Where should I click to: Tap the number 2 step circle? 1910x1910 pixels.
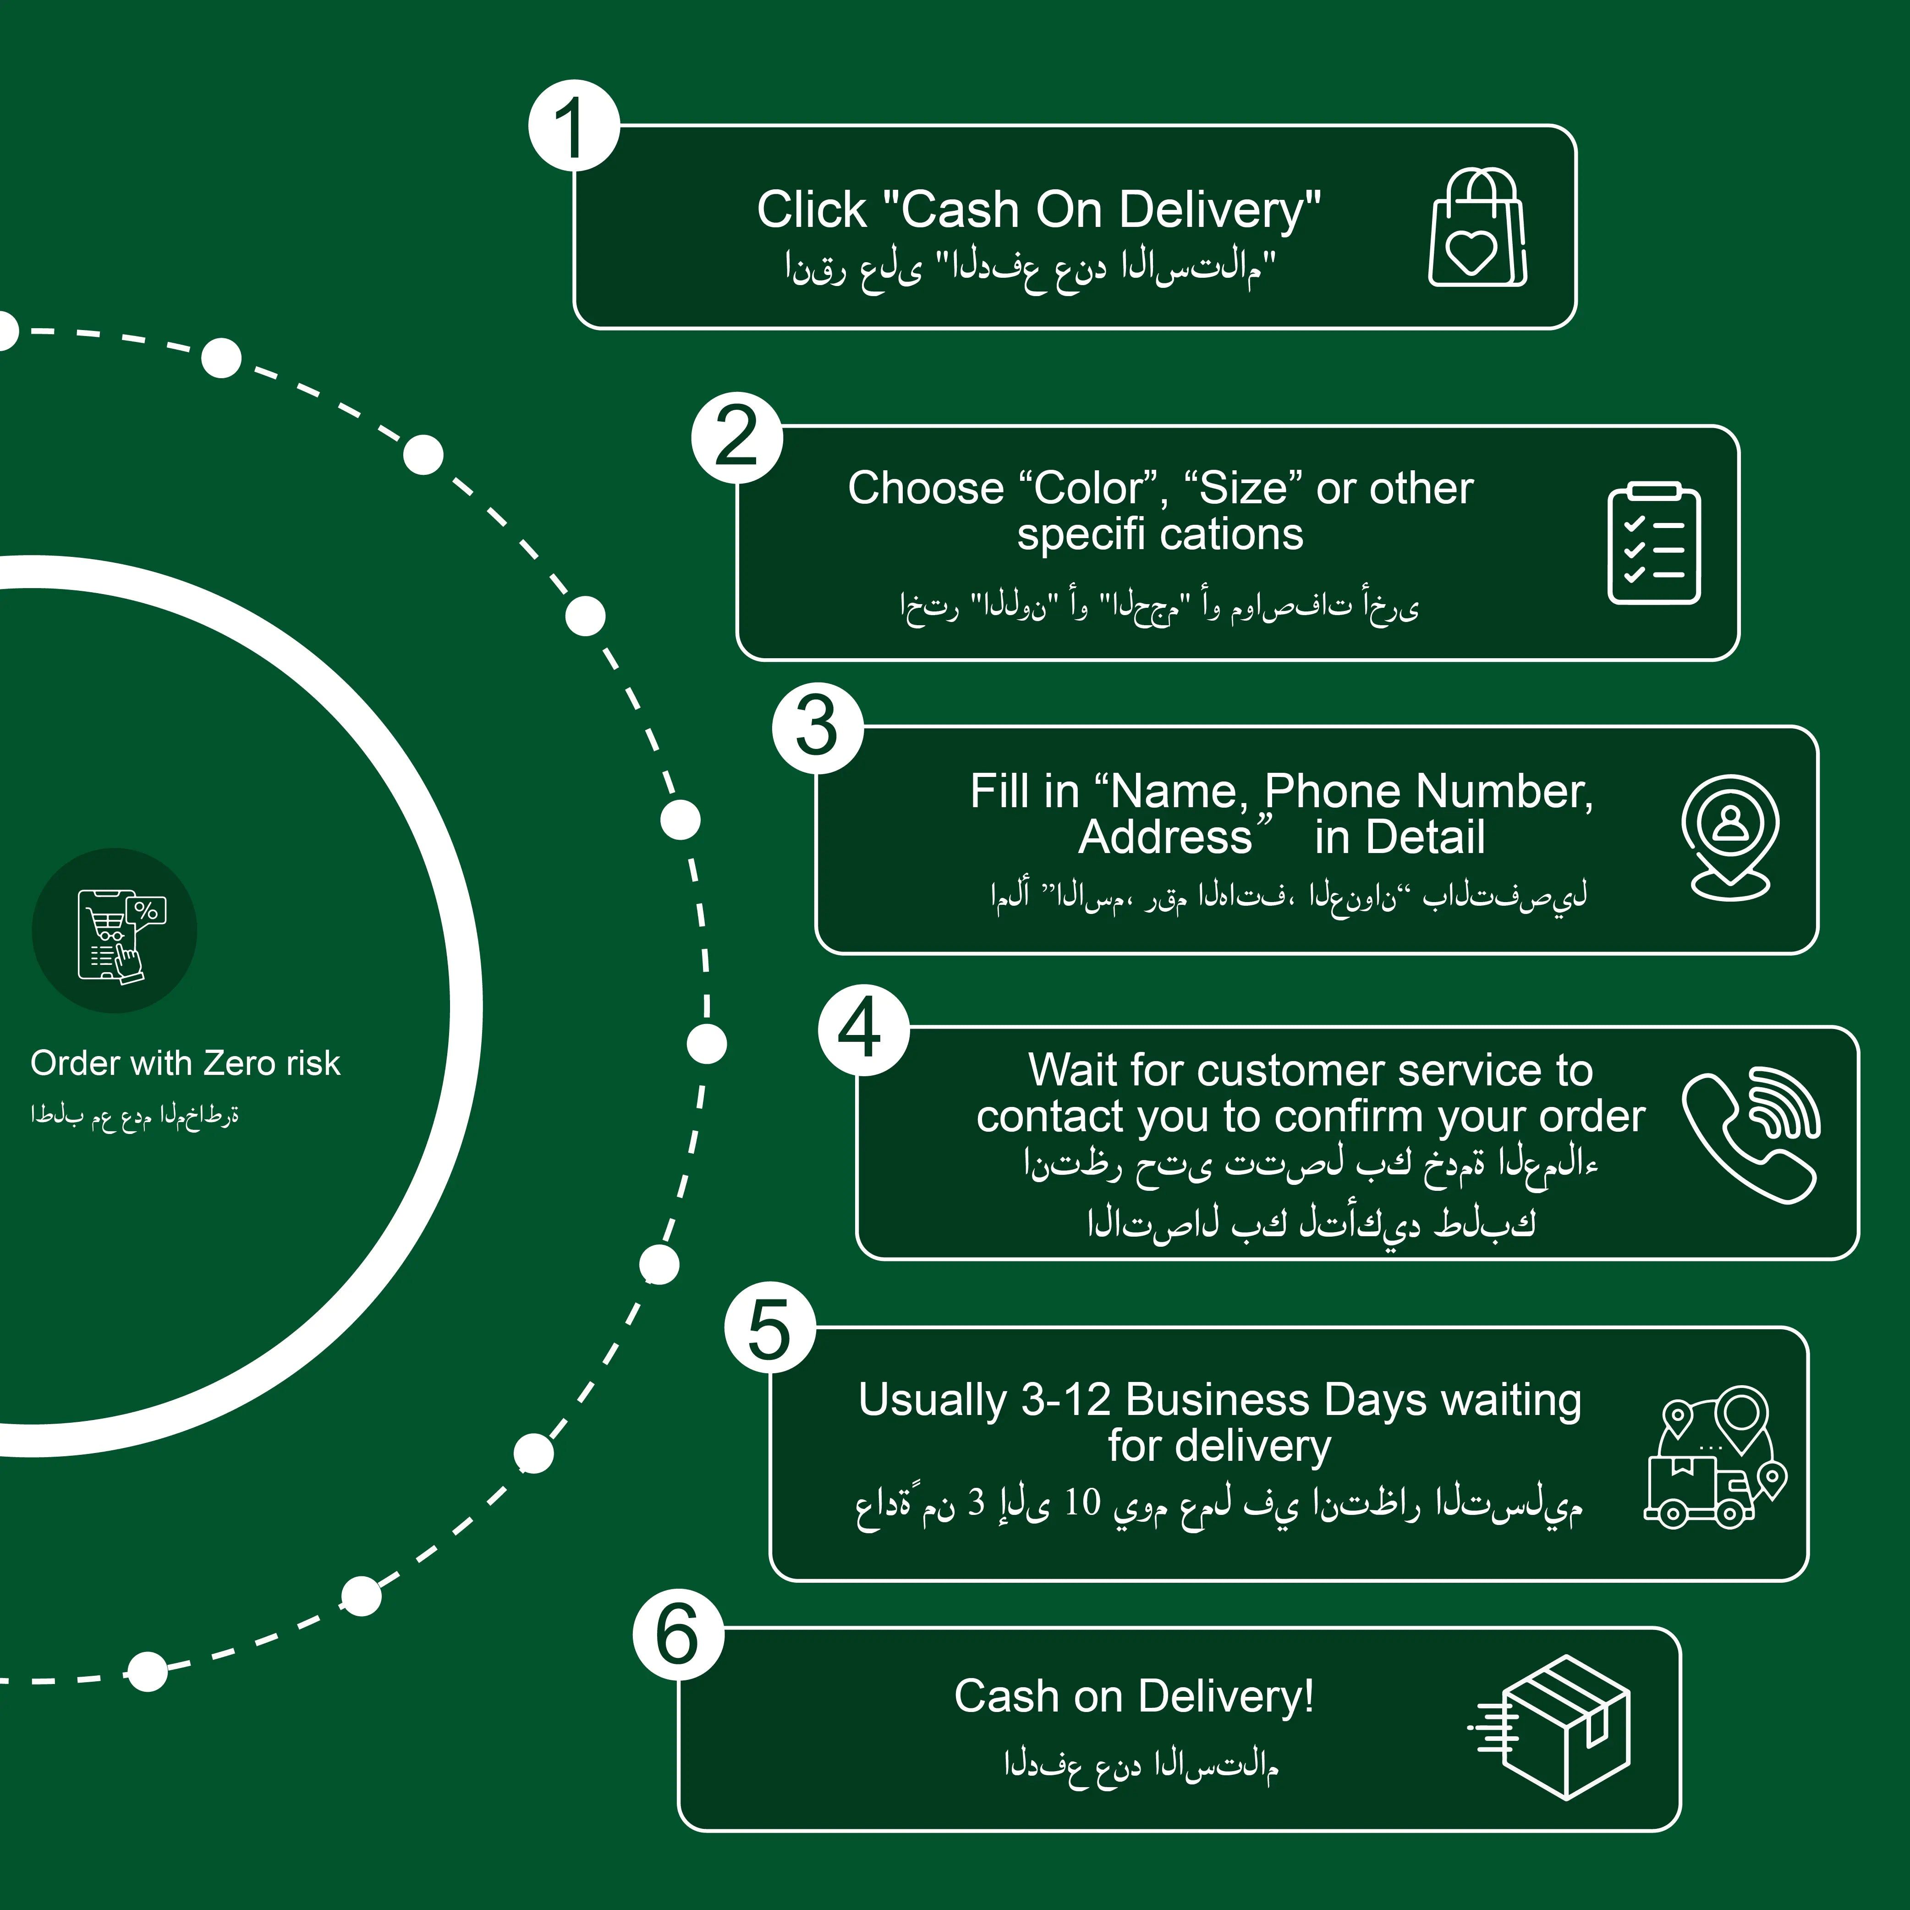(736, 438)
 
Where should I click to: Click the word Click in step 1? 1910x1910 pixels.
(811, 210)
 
